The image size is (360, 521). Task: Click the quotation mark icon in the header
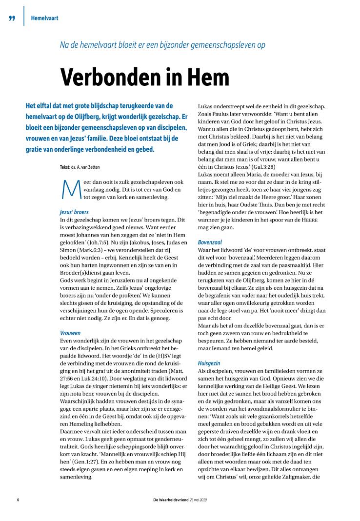(x=12, y=19)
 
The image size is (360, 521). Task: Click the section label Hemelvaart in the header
(x=44, y=19)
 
